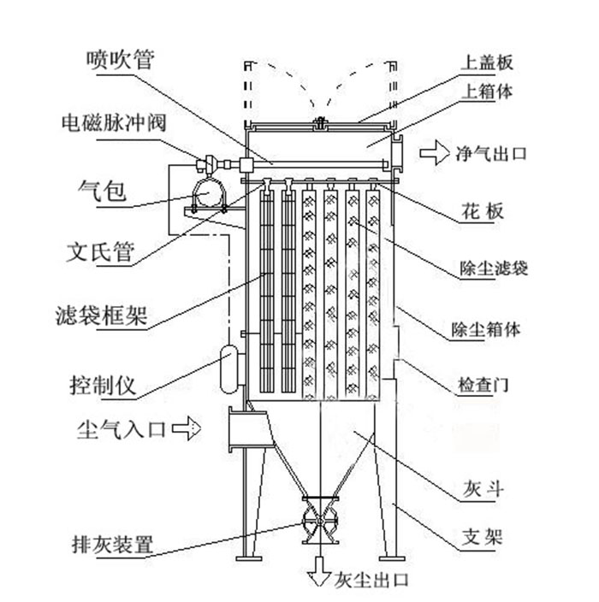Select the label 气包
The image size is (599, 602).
click(102, 191)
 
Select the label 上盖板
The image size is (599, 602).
click(487, 63)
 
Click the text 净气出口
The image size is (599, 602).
click(495, 155)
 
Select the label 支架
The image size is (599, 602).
click(480, 538)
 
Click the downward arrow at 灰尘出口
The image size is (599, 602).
click(320, 570)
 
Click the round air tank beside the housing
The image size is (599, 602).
click(208, 193)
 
